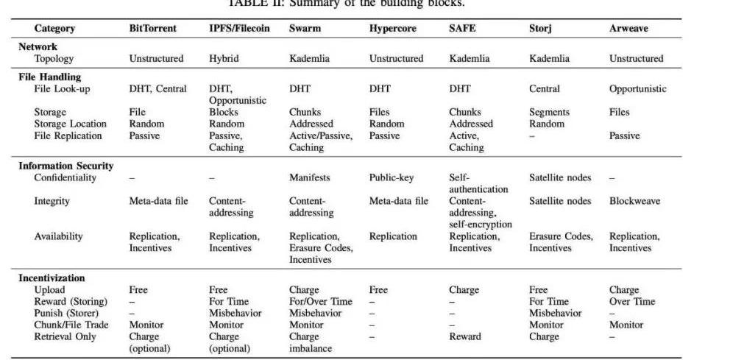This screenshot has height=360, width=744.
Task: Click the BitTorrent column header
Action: coord(153,29)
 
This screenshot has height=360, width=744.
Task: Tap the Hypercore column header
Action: coord(392,29)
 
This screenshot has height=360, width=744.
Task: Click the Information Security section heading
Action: coord(66,166)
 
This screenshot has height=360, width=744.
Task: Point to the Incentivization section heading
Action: coord(52,278)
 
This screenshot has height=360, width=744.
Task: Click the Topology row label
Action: coord(54,58)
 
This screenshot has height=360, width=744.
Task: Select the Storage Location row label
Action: coord(70,124)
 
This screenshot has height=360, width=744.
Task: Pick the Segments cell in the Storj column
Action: coord(549,112)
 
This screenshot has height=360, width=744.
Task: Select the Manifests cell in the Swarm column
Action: coord(310,177)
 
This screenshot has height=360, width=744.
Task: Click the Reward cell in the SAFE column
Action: coord(465,336)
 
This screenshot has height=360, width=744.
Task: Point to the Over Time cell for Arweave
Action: coord(632,301)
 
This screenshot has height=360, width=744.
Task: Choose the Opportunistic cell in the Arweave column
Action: coord(637,88)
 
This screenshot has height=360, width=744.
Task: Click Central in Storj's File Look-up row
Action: coord(545,88)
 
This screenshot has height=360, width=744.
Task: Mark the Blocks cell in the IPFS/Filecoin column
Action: coord(224,112)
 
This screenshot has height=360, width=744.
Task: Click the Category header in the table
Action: coord(54,29)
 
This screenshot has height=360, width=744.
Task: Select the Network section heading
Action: coord(38,46)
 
